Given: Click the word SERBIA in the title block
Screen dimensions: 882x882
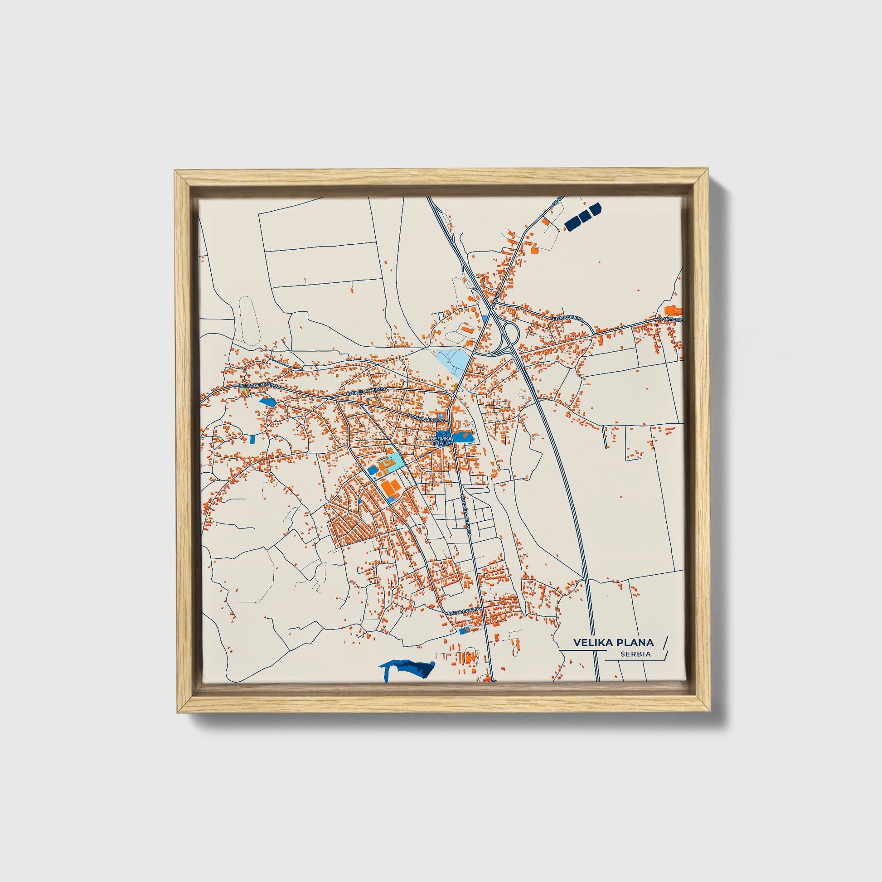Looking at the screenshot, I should coord(635,654).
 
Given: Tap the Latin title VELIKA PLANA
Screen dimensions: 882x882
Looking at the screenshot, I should coord(613,642).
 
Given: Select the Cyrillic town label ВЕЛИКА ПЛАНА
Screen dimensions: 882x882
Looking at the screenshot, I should coord(441,441).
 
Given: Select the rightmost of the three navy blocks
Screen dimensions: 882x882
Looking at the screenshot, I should coord(595,209).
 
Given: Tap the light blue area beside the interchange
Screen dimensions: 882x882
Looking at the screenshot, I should coord(452,361).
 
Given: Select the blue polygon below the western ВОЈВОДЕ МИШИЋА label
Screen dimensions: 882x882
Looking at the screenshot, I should coord(267,401).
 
